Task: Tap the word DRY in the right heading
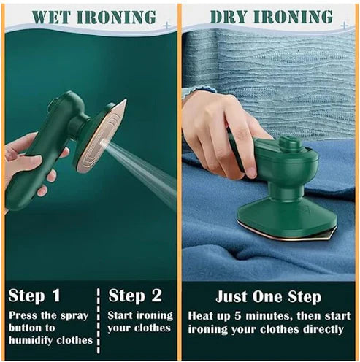coord(229,17)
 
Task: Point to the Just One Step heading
coord(268,296)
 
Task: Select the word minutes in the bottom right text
coord(278,316)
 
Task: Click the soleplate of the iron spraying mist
coord(102,135)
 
